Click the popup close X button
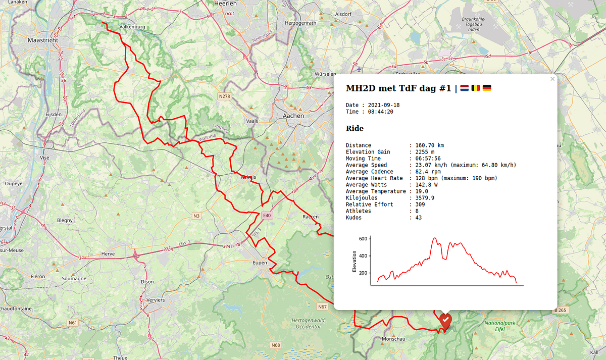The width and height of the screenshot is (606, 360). (x=552, y=79)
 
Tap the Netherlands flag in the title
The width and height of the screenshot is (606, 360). (x=464, y=88)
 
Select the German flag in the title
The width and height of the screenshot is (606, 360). (x=487, y=88)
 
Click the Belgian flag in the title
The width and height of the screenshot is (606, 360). (x=476, y=88)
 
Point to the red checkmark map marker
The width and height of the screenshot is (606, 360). (x=445, y=320)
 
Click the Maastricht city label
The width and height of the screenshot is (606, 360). (x=43, y=40)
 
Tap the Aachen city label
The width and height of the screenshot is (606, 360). (x=294, y=116)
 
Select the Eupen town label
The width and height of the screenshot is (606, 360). (x=260, y=263)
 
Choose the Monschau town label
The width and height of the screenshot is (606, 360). (x=393, y=339)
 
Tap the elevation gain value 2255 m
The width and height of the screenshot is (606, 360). (x=421, y=152)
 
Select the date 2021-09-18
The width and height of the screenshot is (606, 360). (x=384, y=105)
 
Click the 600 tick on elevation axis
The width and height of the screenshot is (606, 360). (x=363, y=239)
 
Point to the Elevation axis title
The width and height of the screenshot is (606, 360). (x=354, y=262)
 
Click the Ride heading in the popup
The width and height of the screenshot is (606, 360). (x=355, y=129)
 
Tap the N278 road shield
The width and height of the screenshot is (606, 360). (x=224, y=96)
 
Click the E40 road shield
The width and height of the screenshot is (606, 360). (x=267, y=216)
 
